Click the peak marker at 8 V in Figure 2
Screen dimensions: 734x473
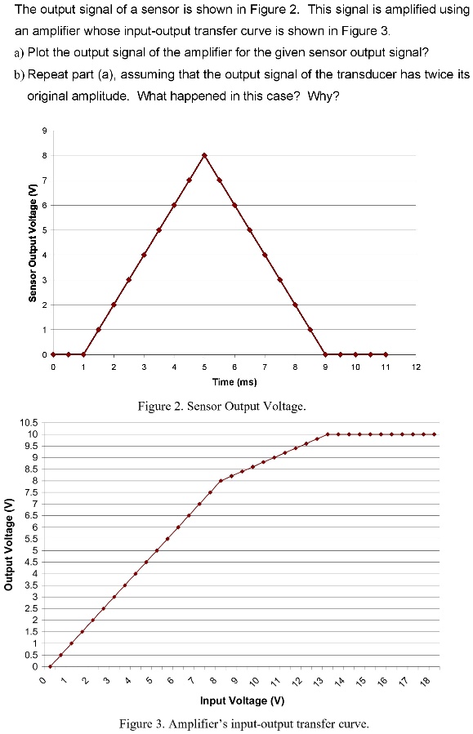click(204, 155)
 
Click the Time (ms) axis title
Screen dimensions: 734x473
click(234, 381)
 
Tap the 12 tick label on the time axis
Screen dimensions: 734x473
click(416, 368)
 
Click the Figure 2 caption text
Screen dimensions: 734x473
click(234, 405)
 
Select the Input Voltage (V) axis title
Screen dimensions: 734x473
click(243, 701)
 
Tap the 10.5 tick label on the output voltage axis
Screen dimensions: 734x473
click(29, 422)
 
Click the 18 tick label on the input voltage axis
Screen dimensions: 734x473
click(422, 681)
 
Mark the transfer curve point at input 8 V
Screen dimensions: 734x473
click(221, 481)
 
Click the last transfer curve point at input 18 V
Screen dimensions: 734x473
click(435, 434)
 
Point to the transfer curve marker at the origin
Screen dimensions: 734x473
click(50, 666)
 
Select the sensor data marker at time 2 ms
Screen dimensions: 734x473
click(114, 305)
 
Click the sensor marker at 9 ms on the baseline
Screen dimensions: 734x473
click(325, 354)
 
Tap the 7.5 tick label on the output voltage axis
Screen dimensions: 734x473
click(31, 492)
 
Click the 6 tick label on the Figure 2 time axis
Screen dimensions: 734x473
click(234, 368)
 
